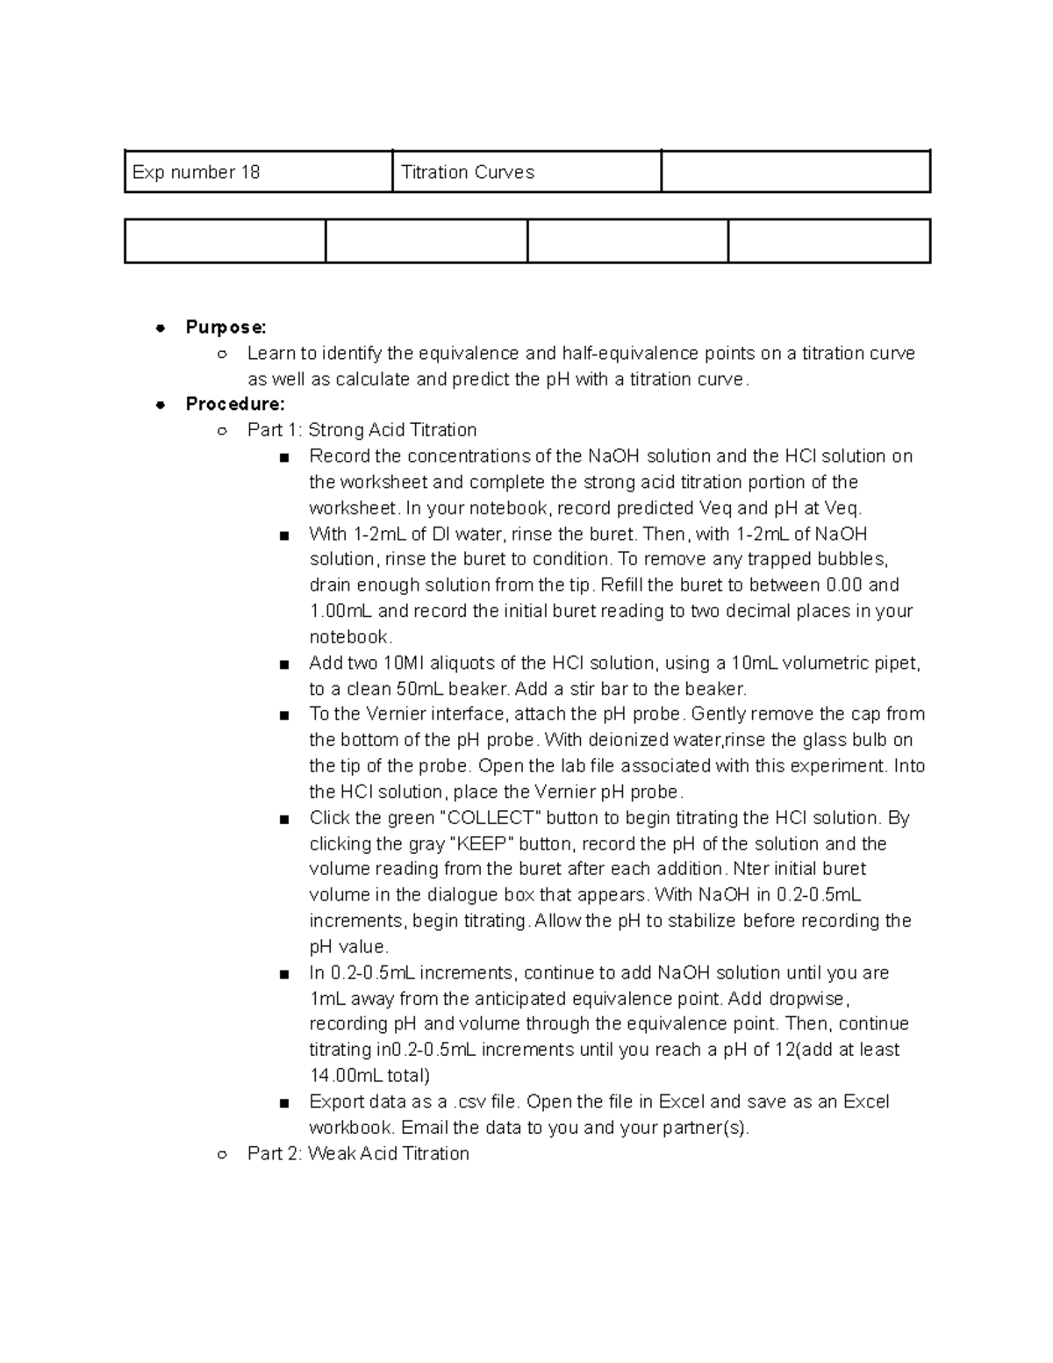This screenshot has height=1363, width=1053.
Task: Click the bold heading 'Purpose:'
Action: pos(226,327)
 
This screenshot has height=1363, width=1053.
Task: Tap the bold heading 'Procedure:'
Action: pos(234,405)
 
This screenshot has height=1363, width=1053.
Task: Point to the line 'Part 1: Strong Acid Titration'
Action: pos(362,430)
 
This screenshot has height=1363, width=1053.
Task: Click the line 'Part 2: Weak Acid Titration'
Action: pos(358,1153)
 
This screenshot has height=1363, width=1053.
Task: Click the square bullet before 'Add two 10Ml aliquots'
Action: pos(283,664)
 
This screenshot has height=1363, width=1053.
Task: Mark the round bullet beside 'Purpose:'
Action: pos(160,328)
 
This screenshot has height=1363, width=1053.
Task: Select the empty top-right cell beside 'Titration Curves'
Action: pos(795,172)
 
